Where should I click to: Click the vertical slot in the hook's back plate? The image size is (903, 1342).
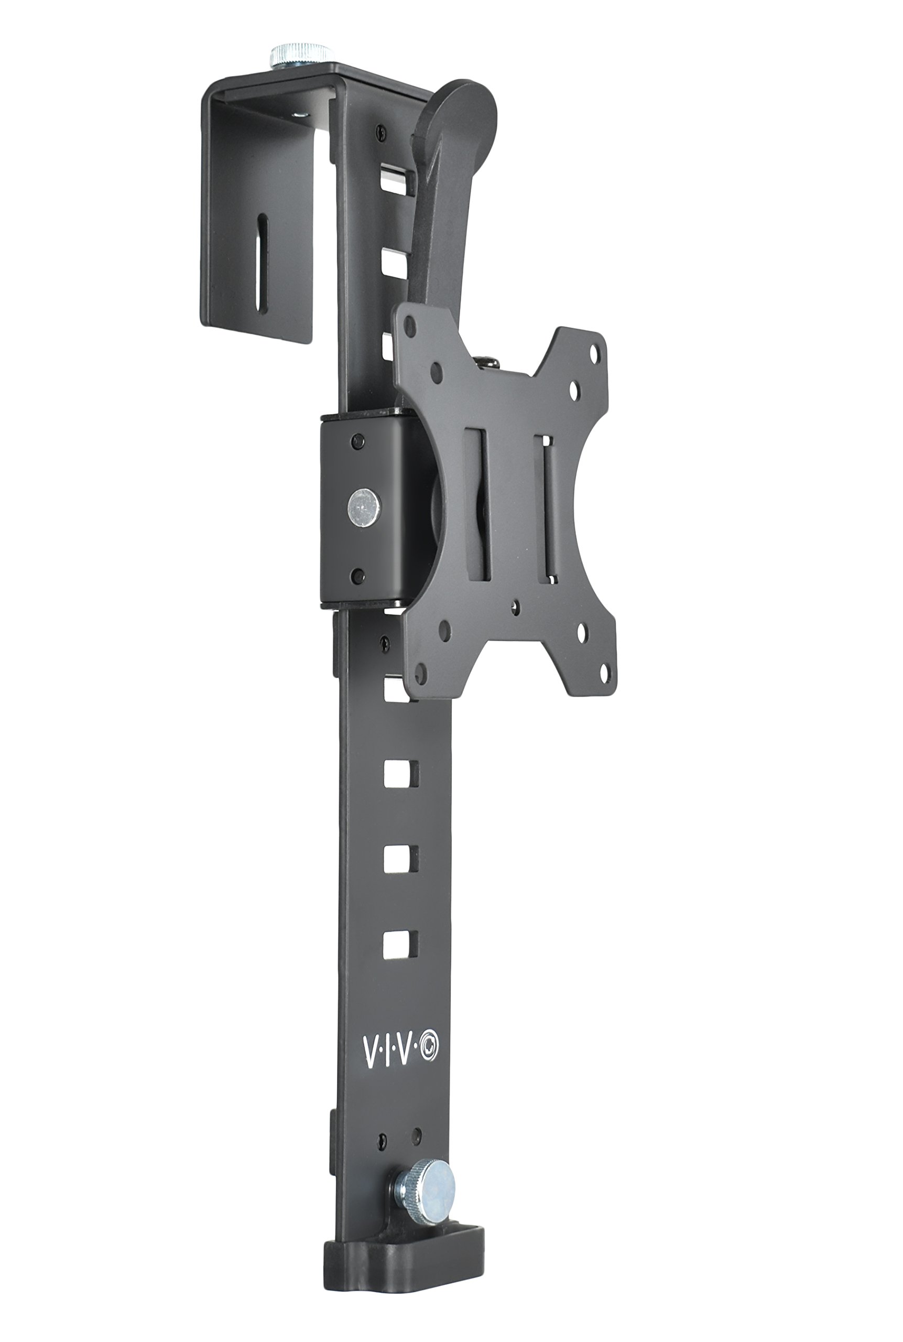pos(262,262)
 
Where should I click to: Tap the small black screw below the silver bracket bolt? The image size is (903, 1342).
pos(358,573)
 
